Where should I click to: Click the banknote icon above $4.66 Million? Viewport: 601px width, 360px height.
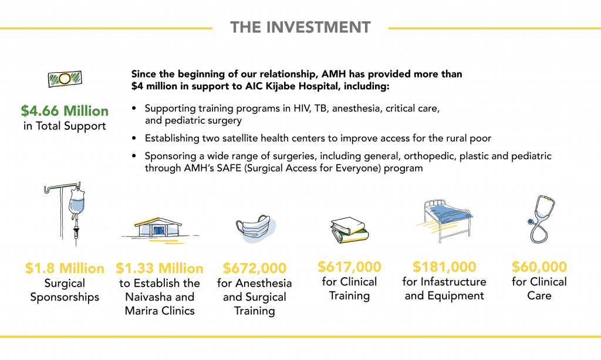click(65, 79)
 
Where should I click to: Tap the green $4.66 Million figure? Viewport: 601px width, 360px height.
click(65, 111)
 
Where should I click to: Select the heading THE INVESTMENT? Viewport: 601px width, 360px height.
click(300, 27)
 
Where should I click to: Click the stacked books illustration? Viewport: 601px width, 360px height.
click(349, 230)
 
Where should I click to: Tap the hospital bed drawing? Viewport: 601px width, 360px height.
click(445, 221)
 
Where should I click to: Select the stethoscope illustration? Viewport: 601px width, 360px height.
click(541, 219)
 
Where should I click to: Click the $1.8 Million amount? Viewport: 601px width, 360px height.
click(65, 268)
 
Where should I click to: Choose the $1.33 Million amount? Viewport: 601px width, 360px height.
click(160, 268)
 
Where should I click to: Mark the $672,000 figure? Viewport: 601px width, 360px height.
click(255, 268)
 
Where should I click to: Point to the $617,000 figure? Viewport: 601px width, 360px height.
click(350, 267)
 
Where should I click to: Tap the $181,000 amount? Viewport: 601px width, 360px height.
click(444, 267)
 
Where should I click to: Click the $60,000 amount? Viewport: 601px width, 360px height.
click(539, 267)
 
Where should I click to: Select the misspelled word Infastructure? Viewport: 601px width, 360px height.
click(454, 282)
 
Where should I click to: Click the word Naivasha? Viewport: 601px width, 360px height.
click(148, 297)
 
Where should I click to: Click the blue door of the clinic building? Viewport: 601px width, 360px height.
click(158, 230)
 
